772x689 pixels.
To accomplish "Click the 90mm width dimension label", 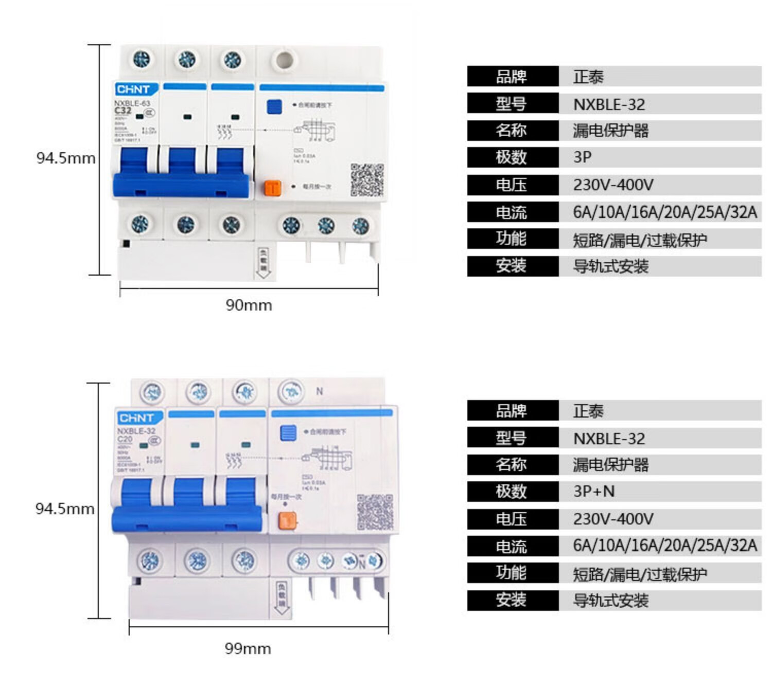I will (249, 305).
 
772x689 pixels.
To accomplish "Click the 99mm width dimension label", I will (248, 648).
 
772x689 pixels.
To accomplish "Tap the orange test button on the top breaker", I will (272, 188).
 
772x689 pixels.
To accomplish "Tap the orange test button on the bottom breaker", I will (287, 521).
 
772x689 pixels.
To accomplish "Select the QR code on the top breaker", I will (367, 180).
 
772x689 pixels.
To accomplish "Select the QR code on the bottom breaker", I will (375, 512).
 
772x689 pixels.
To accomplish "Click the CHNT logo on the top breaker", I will (133, 89).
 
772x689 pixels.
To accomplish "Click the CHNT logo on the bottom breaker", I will (136, 418).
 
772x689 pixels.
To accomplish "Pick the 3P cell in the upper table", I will (583, 157).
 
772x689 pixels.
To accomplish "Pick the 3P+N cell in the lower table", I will (594, 492).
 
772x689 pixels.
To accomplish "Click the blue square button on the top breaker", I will (274, 106).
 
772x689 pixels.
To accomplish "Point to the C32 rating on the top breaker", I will (123, 111).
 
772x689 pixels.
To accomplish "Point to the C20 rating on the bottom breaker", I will (125, 439).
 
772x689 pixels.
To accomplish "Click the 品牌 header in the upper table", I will (512, 77).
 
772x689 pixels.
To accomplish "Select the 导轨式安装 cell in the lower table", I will (611, 600).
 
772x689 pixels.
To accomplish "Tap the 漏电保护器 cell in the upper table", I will (611, 131).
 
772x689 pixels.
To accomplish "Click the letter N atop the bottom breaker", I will (320, 391).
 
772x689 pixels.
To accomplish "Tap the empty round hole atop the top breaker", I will (284, 60).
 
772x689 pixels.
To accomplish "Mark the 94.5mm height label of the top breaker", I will (66, 158).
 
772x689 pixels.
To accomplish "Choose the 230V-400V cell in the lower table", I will (613, 519).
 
